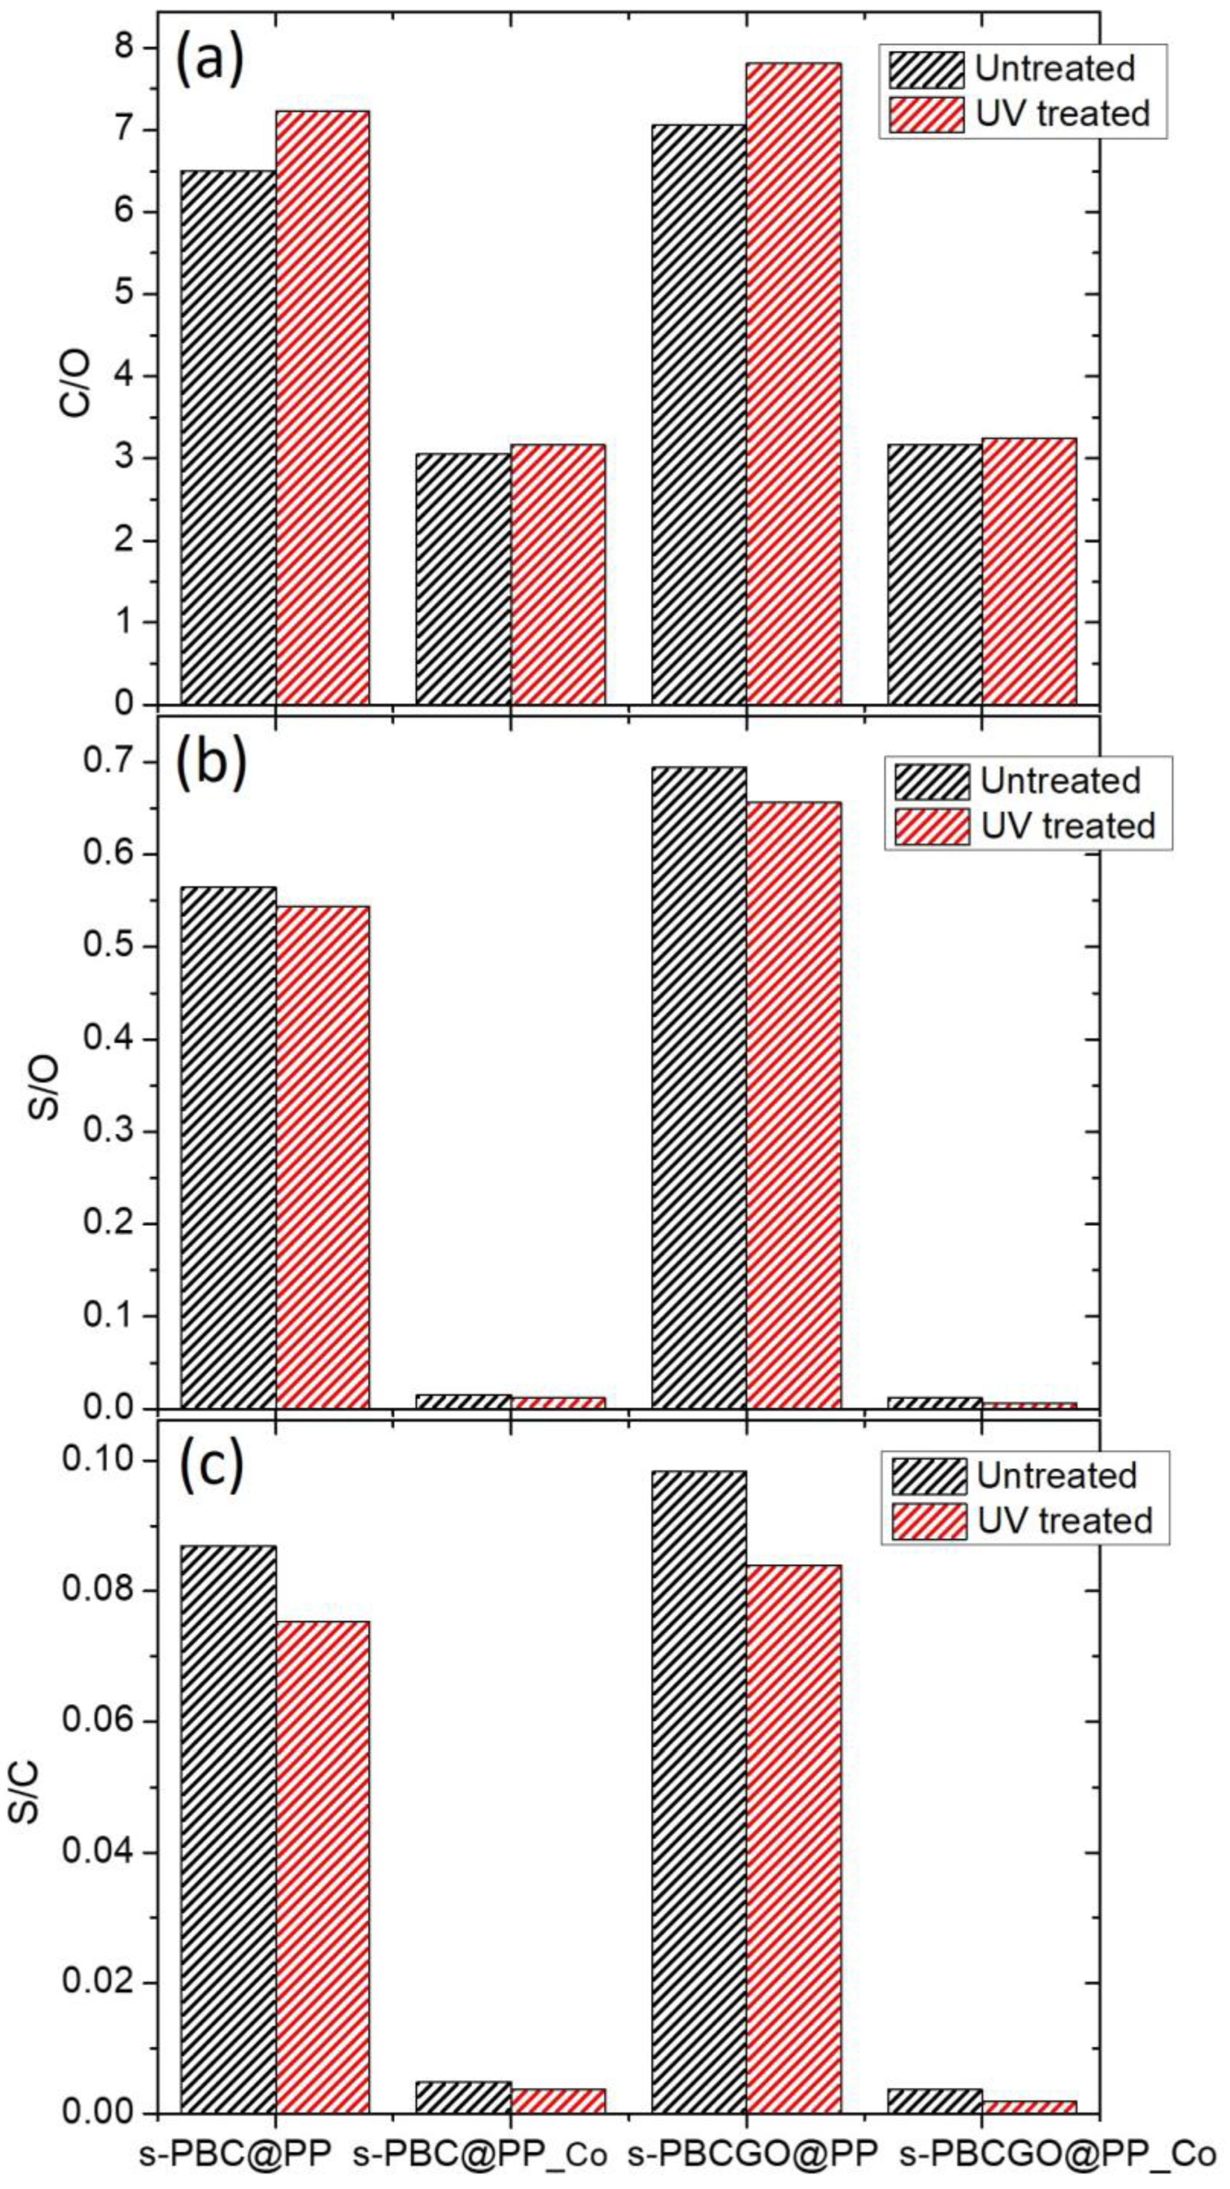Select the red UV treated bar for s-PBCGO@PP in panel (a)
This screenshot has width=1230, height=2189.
click(793, 382)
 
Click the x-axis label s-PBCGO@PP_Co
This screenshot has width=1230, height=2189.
click(1058, 2148)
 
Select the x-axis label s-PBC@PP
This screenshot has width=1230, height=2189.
click(235, 2148)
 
